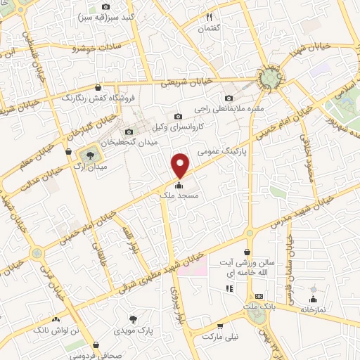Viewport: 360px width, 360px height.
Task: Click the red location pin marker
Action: click(x=181, y=163)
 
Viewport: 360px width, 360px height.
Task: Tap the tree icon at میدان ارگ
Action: click(x=89, y=153)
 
